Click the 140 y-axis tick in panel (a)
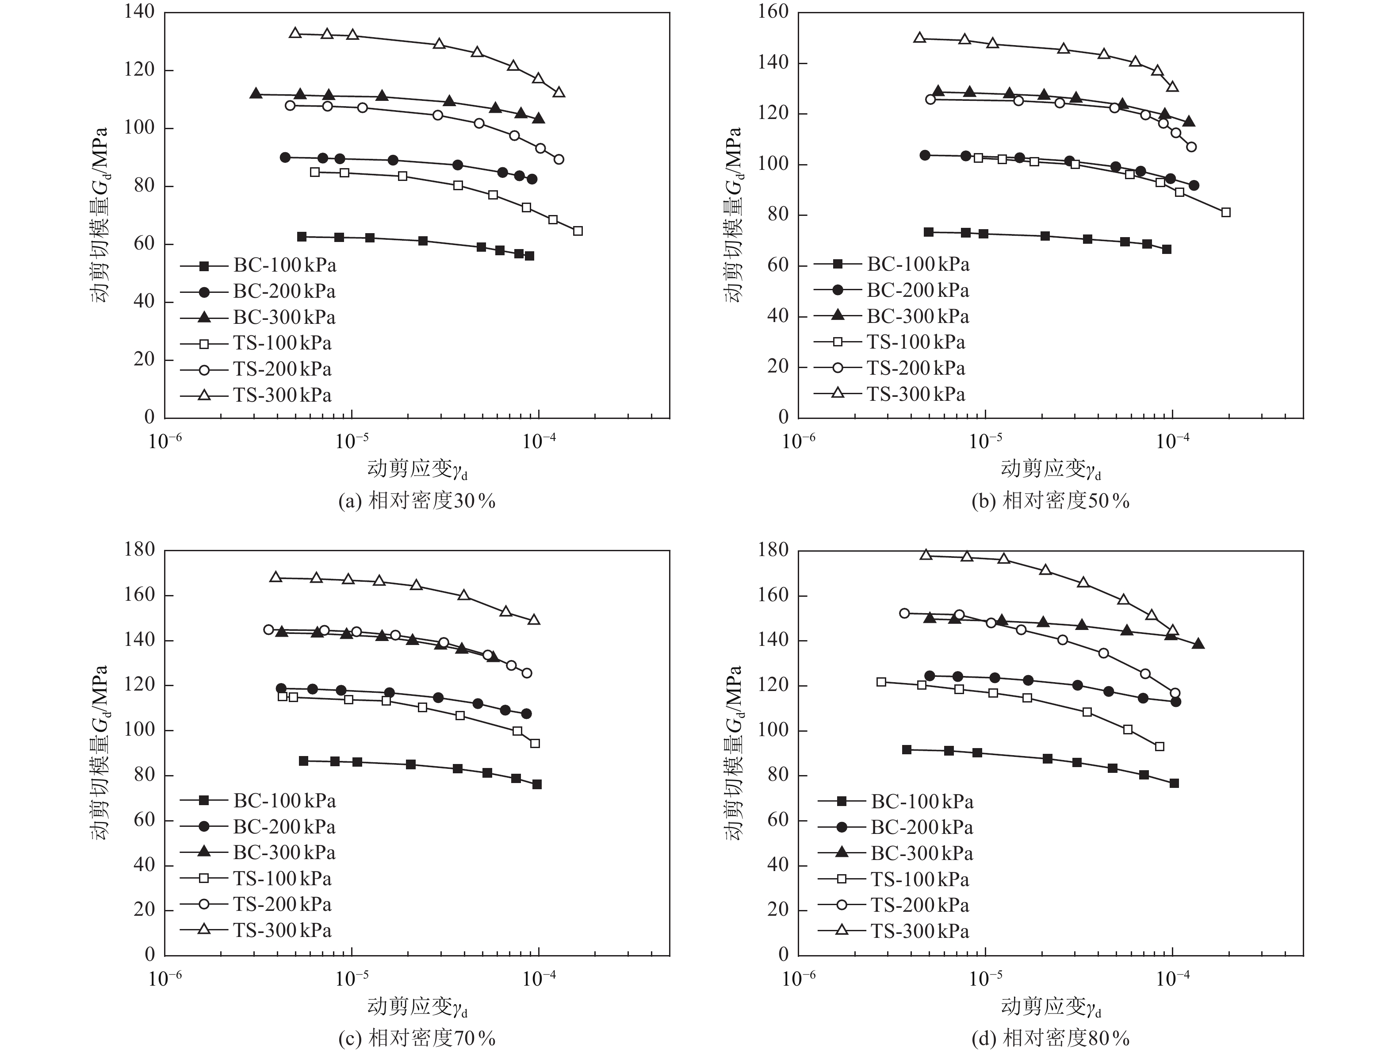[140, 12]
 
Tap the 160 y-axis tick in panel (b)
[773, 12]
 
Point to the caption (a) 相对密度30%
[417, 501]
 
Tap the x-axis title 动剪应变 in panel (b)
[1050, 468]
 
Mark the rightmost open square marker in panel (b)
[1225, 212]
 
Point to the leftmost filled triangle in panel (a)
[256, 93]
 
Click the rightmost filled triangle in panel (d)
[1198, 644]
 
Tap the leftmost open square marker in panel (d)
[881, 682]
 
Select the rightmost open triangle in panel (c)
[534, 619]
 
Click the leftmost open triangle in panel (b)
[919, 38]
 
